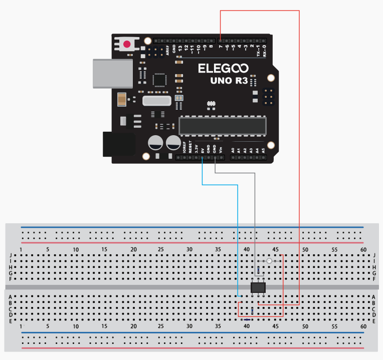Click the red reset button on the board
127,44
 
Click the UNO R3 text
229,81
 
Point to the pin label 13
180,49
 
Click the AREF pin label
167,49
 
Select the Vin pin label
221,150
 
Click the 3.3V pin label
196,149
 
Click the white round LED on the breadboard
270,261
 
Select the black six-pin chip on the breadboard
258,287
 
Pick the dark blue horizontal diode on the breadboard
246,319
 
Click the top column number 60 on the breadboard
363,249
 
